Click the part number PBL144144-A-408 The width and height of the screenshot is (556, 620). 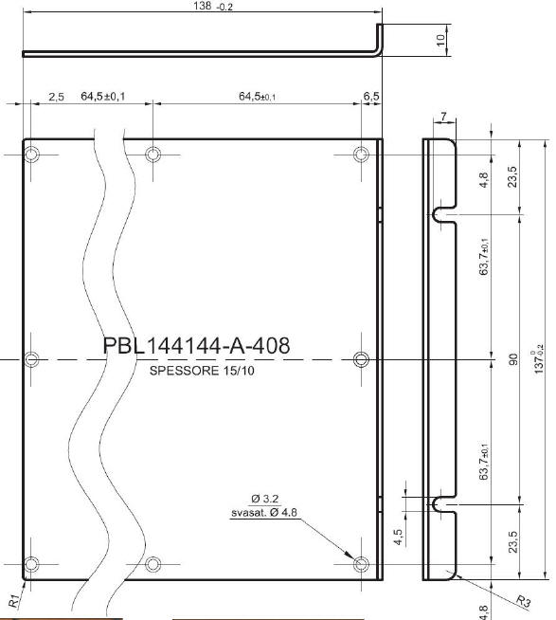196,345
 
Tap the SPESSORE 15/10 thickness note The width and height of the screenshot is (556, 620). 202,371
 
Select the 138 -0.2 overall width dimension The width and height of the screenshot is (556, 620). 213,6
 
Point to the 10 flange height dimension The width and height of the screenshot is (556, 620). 440,40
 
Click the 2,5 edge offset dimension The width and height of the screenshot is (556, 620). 56,97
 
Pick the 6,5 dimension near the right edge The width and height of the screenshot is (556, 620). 371,96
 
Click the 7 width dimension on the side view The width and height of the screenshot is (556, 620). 444,117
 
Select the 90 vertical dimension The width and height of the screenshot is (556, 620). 512,359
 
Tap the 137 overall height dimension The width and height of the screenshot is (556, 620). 539,359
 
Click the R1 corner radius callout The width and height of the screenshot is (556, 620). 14,601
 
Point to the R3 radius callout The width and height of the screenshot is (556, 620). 524,601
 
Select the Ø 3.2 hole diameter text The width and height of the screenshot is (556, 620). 265,499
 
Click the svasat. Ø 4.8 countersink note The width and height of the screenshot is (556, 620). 264,513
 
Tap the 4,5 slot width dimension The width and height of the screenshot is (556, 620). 399,537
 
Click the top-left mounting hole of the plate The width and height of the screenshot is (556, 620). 31,155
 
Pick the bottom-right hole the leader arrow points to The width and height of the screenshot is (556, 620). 361,564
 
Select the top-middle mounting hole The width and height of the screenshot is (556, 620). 152,155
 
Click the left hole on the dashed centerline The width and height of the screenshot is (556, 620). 31,359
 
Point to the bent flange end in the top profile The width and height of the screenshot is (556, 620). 380,38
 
